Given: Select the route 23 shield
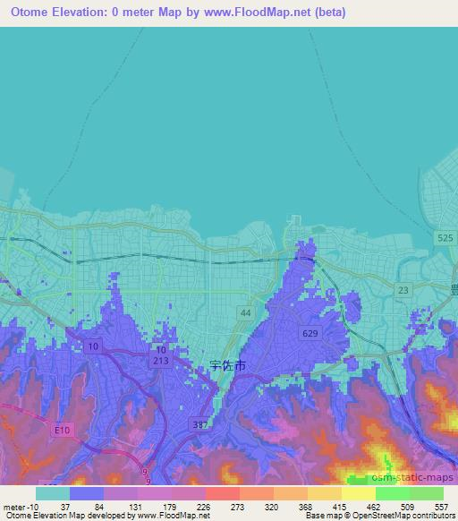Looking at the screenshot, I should pyautogui.click(x=404, y=290).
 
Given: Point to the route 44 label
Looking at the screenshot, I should pyautogui.click(x=244, y=311).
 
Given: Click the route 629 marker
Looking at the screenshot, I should pyautogui.click(x=308, y=333).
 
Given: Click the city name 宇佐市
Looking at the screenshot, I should pyautogui.click(x=227, y=366).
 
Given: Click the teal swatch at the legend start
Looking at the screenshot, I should pyautogui.click(x=53, y=493).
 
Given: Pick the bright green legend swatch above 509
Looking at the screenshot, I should pyautogui.click(x=393, y=493).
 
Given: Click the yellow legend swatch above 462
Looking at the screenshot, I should pyautogui.click(x=359, y=493).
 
